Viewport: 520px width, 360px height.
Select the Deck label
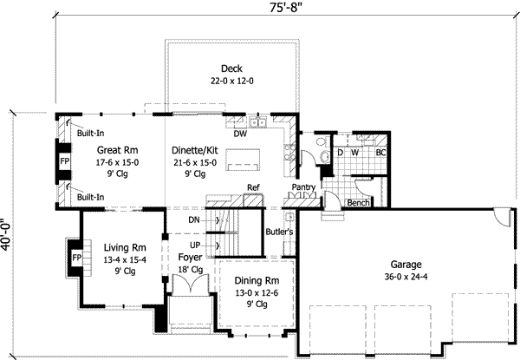pyautogui.click(x=231, y=69)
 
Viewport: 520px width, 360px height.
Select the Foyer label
pyautogui.click(x=191, y=258)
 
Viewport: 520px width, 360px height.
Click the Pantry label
pyautogui.click(x=303, y=187)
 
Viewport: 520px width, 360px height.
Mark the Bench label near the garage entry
pyautogui.click(x=358, y=203)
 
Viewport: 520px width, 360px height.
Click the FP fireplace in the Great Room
pyautogui.click(x=64, y=162)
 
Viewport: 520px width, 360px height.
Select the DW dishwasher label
pyautogui.click(x=240, y=134)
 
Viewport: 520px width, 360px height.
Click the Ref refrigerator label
pyautogui.click(x=254, y=187)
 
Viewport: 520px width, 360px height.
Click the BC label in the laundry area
pyautogui.click(x=380, y=153)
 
